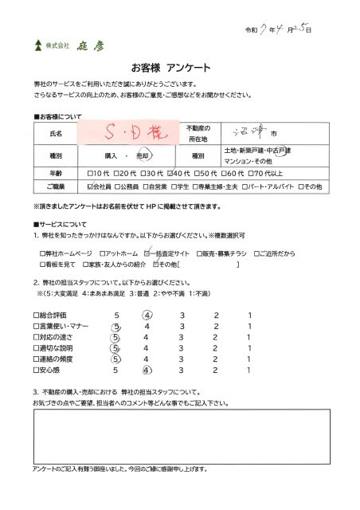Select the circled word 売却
143,156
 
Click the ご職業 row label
56,186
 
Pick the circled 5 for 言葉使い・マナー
116,326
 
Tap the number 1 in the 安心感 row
249,370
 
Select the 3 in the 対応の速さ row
182,337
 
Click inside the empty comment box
178,434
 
